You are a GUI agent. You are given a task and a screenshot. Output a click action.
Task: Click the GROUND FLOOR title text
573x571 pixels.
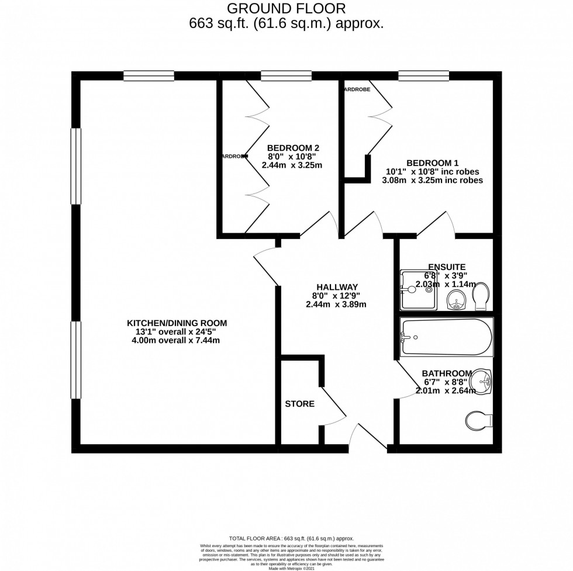[286, 8]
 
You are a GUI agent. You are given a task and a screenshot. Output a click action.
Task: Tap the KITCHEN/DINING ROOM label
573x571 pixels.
[177, 323]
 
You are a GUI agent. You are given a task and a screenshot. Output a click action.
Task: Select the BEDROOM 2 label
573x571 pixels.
[293, 148]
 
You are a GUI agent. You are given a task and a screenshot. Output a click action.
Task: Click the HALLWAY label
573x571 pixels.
[336, 287]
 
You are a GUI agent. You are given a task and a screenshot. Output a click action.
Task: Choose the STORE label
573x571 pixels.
[299, 404]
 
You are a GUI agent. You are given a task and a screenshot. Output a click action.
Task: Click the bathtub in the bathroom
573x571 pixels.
[446, 337]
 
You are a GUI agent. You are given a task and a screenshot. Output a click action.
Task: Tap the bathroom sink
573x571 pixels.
[483, 380]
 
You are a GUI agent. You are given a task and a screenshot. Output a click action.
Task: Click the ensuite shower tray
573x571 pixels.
[419, 290]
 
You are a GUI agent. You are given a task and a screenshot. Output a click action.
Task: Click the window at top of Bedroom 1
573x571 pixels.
[423, 75]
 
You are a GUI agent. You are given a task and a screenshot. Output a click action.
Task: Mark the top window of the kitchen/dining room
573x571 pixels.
[149, 75]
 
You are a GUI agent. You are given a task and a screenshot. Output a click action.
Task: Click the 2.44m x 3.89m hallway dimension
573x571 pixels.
[336, 304]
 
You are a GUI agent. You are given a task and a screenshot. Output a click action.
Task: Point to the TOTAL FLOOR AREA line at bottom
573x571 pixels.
[286, 538]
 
